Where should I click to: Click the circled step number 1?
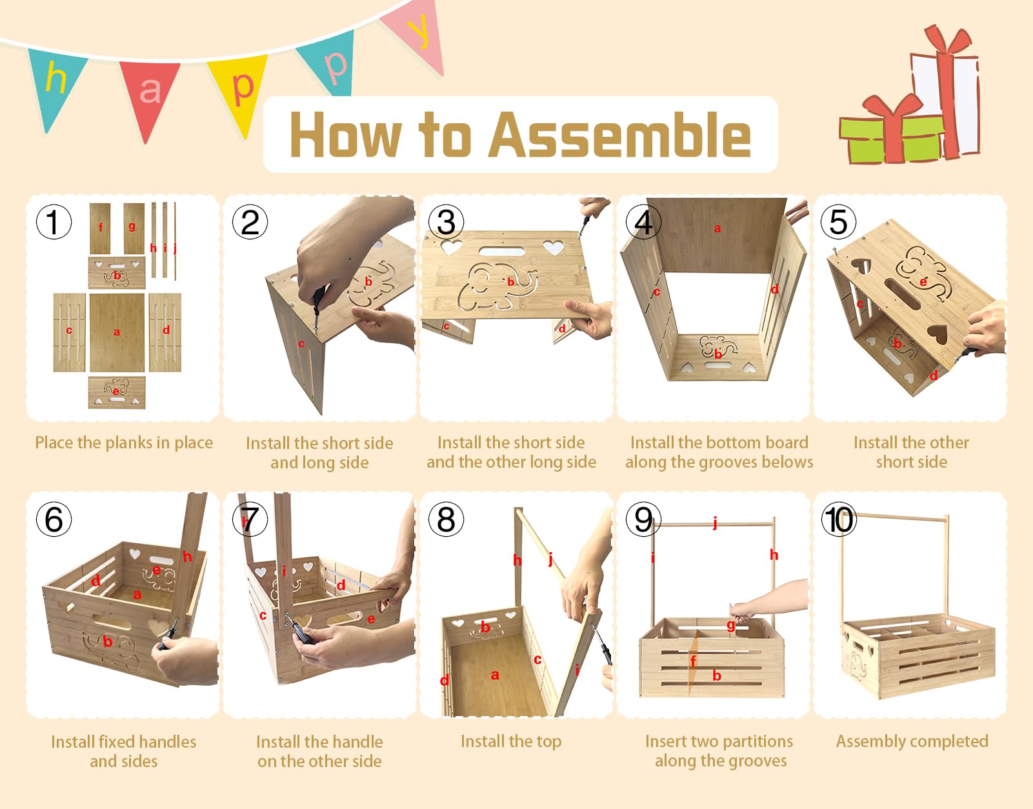pyautogui.click(x=54, y=222)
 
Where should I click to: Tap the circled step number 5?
pyautogui.click(x=838, y=222)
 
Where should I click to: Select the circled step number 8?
pyautogui.click(x=446, y=519)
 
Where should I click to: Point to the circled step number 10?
pyautogui.click(x=839, y=519)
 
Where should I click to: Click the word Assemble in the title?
pyautogui.click(x=620, y=135)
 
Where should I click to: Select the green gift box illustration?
pyautogui.click(x=892, y=139)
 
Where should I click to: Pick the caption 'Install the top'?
pyautogui.click(x=511, y=741)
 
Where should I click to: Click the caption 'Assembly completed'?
pyautogui.click(x=912, y=741)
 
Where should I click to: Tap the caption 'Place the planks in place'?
pyautogui.click(x=124, y=443)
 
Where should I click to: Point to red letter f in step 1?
pyautogui.click(x=100, y=227)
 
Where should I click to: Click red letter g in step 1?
pyautogui.click(x=132, y=226)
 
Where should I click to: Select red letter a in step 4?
pyautogui.click(x=717, y=228)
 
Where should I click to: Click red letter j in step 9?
pyautogui.click(x=715, y=523)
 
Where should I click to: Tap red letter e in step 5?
pyautogui.click(x=923, y=282)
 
